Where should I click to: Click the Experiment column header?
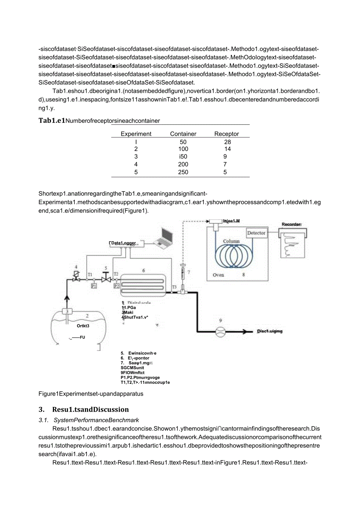136,134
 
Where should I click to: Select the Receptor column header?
227,134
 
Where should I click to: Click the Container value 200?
183,164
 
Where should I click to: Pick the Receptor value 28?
227,142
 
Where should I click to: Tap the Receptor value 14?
227,149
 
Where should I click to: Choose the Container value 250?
183,172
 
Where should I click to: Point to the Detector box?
256,233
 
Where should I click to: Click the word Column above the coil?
231,241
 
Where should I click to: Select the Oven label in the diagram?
218,275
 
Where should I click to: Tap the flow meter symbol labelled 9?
221,331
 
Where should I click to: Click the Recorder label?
292,225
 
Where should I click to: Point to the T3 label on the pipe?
174,286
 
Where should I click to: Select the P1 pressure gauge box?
94,286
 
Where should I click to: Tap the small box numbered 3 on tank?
67,311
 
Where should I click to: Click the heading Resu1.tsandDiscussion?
90,410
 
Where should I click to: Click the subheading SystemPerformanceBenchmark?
96,420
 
